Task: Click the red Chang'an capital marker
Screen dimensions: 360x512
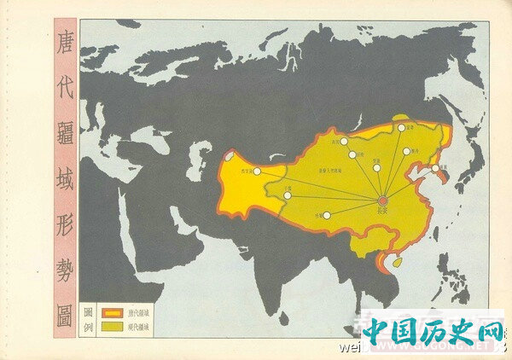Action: (383, 200)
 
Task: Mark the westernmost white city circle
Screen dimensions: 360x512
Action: (257, 171)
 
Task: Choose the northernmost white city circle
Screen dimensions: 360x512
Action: (401, 128)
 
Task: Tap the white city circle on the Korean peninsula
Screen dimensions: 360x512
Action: (435, 168)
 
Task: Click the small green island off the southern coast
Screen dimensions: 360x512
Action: (396, 262)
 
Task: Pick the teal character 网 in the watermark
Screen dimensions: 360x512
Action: (491, 331)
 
